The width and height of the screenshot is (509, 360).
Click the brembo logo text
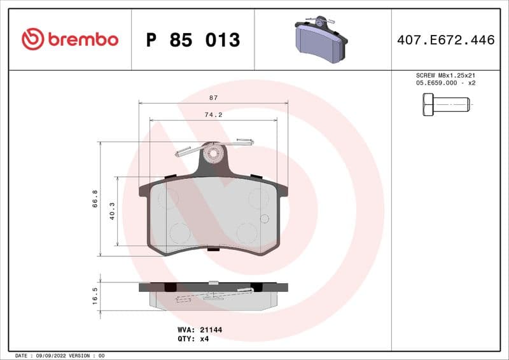pyautogui.click(x=82, y=39)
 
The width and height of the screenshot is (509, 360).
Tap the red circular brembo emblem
pyautogui.click(x=32, y=39)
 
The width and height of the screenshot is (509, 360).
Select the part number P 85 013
pyautogui.click(x=193, y=40)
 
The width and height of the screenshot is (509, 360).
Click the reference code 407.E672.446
pyautogui.click(x=445, y=40)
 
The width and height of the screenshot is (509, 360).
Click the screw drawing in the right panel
pyautogui.click(x=445, y=104)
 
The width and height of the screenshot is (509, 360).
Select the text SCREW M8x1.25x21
pyautogui.click(x=445, y=75)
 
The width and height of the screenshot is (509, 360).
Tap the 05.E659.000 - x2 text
pyautogui.click(x=445, y=83)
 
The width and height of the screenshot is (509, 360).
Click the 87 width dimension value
pyautogui.click(x=213, y=98)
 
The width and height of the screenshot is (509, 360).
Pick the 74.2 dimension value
pyautogui.click(x=213, y=115)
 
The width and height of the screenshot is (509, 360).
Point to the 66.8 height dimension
pyautogui.click(x=95, y=198)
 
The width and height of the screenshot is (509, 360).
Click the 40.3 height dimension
pyautogui.click(x=112, y=211)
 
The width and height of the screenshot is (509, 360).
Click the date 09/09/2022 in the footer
pyautogui.click(x=48, y=355)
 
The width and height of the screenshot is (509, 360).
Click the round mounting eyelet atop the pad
pyautogui.click(x=213, y=153)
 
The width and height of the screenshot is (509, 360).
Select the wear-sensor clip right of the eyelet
pyautogui.click(x=242, y=141)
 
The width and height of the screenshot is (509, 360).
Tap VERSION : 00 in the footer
pyautogui.click(x=87, y=355)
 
